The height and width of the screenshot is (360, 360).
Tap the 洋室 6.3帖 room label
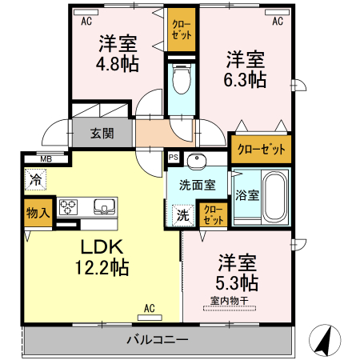click(245, 69)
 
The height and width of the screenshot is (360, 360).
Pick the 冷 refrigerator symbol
click(35, 180)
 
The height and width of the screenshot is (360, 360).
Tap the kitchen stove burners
click(68, 207)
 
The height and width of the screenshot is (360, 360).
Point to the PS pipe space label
click(173, 158)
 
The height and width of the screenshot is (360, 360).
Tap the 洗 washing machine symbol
click(183, 214)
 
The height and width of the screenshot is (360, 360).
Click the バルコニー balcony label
click(158, 339)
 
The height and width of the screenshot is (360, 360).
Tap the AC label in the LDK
click(149, 307)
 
